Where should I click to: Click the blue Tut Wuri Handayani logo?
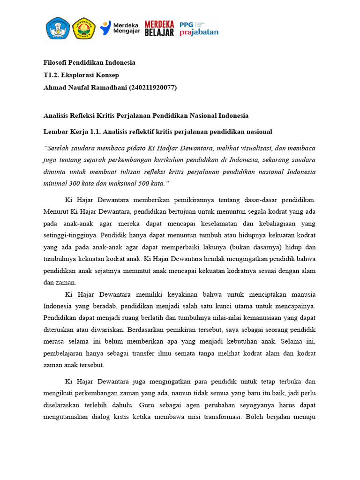(x=58, y=28)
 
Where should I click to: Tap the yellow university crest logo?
(x=84, y=28)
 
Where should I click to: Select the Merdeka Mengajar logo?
(x=119, y=28)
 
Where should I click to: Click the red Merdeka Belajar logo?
(x=159, y=28)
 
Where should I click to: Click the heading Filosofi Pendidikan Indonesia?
(x=89, y=62)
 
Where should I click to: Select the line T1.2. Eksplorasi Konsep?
(x=81, y=75)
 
